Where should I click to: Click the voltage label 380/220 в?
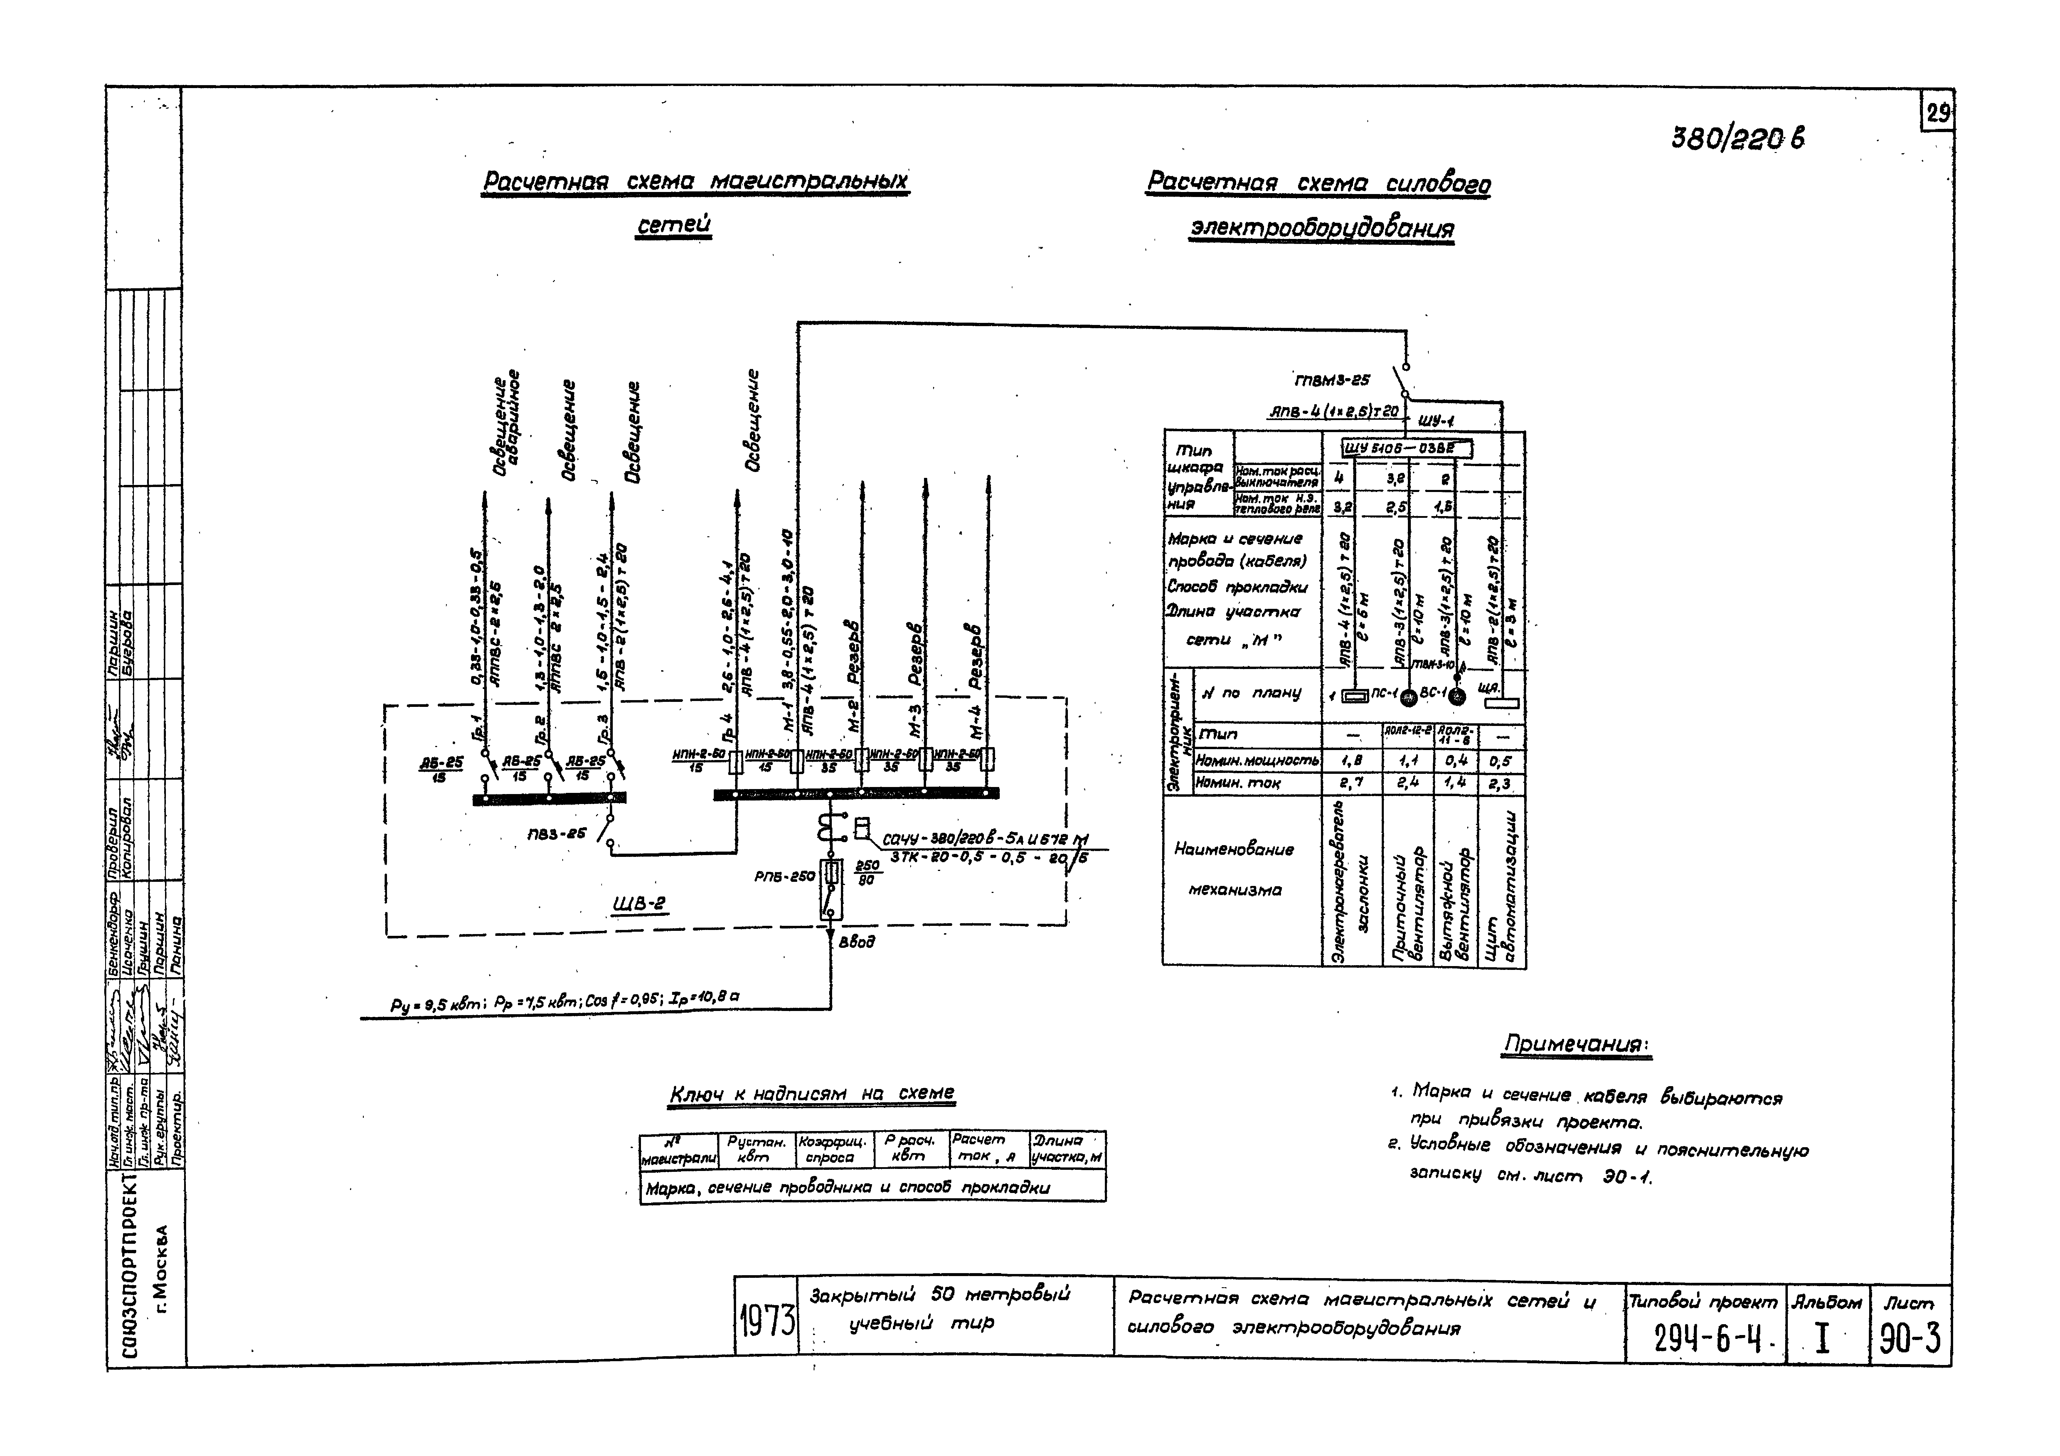(1738, 138)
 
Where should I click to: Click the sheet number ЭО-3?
(1909, 1339)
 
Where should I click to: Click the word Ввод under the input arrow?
(857, 942)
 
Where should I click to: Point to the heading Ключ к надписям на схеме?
(812, 1093)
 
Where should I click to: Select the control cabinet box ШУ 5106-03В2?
(1406, 448)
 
